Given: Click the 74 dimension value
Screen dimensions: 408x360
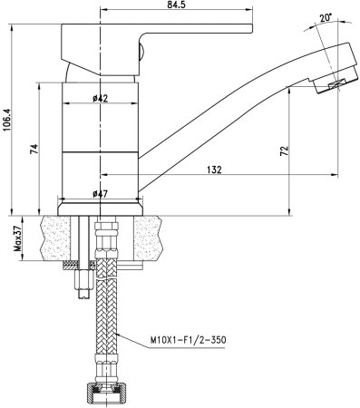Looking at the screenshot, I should pyautogui.click(x=35, y=151).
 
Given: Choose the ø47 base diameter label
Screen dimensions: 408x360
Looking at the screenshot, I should pyautogui.click(x=101, y=193).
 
